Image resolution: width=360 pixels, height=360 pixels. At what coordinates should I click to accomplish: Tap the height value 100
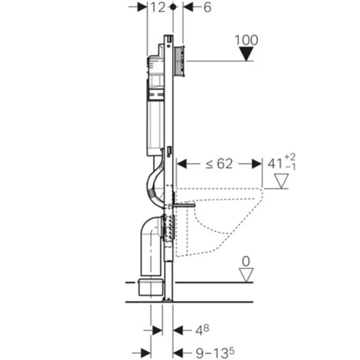click(x=246, y=40)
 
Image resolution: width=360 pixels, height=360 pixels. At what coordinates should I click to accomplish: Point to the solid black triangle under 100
click(x=246, y=54)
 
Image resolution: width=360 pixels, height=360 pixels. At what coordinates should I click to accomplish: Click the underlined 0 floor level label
click(x=246, y=262)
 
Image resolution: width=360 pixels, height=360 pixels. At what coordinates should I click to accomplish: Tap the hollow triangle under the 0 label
click(x=246, y=275)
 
